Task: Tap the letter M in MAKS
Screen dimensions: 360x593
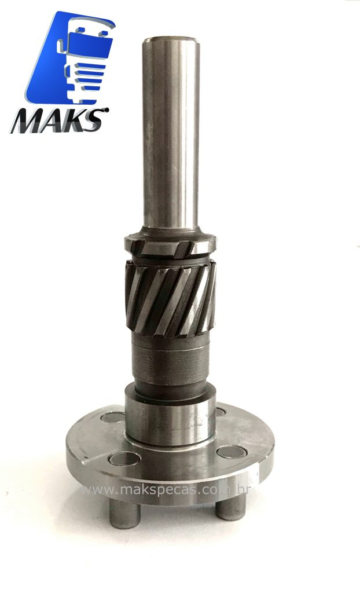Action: pos(28,121)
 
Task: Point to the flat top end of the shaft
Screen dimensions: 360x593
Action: pos(171,39)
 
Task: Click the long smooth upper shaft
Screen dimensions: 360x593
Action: pos(171,133)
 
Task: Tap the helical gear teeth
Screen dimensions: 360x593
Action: pos(171,297)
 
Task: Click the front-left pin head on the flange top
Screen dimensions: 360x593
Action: pos(124,459)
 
